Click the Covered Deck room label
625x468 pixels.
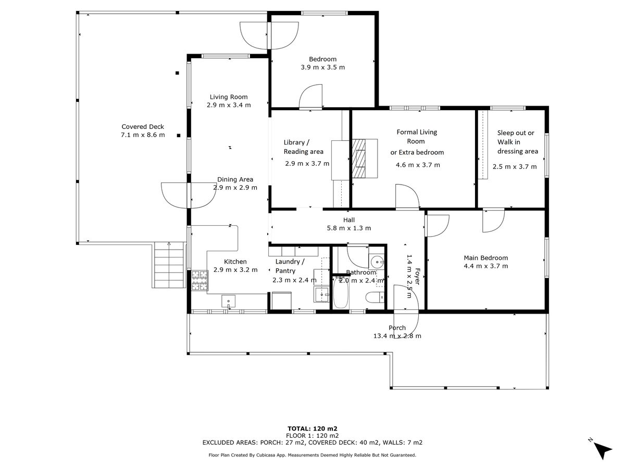(143, 127)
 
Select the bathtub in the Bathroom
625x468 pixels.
(340, 293)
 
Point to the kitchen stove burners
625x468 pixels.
(199, 280)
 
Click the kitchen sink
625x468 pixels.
(228, 301)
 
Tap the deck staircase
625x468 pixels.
(169, 265)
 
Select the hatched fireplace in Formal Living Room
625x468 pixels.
(359, 158)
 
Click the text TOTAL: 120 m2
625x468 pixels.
(312, 428)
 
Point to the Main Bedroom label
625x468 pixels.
(486, 258)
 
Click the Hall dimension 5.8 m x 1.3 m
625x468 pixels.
(349, 228)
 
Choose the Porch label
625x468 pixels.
(397, 328)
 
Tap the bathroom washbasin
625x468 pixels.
(377, 262)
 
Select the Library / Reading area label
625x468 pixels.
(304, 147)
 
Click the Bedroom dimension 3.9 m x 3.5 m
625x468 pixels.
(322, 68)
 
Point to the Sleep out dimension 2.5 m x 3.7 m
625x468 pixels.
(515, 166)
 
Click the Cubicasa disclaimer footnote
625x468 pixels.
(312, 455)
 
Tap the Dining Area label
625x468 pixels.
(235, 179)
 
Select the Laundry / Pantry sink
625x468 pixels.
(321, 294)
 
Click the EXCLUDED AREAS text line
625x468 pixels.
(312, 442)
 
